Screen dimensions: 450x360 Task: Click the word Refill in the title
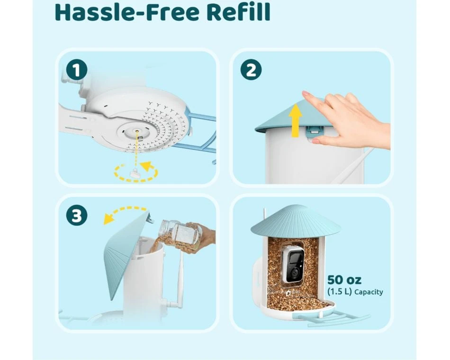[238, 12]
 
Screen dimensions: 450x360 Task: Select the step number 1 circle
[77, 70]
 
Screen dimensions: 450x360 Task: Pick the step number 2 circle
[251, 70]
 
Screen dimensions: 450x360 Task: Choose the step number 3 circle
[77, 216]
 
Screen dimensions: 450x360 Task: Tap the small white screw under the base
[135, 173]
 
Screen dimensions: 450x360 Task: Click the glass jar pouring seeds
[180, 234]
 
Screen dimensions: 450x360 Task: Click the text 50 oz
[344, 279]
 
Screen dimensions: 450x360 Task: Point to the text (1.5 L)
[340, 292]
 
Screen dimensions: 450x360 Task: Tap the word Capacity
[369, 292]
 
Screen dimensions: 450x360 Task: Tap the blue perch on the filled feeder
[330, 319]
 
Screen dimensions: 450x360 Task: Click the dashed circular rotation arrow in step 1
[136, 172]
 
